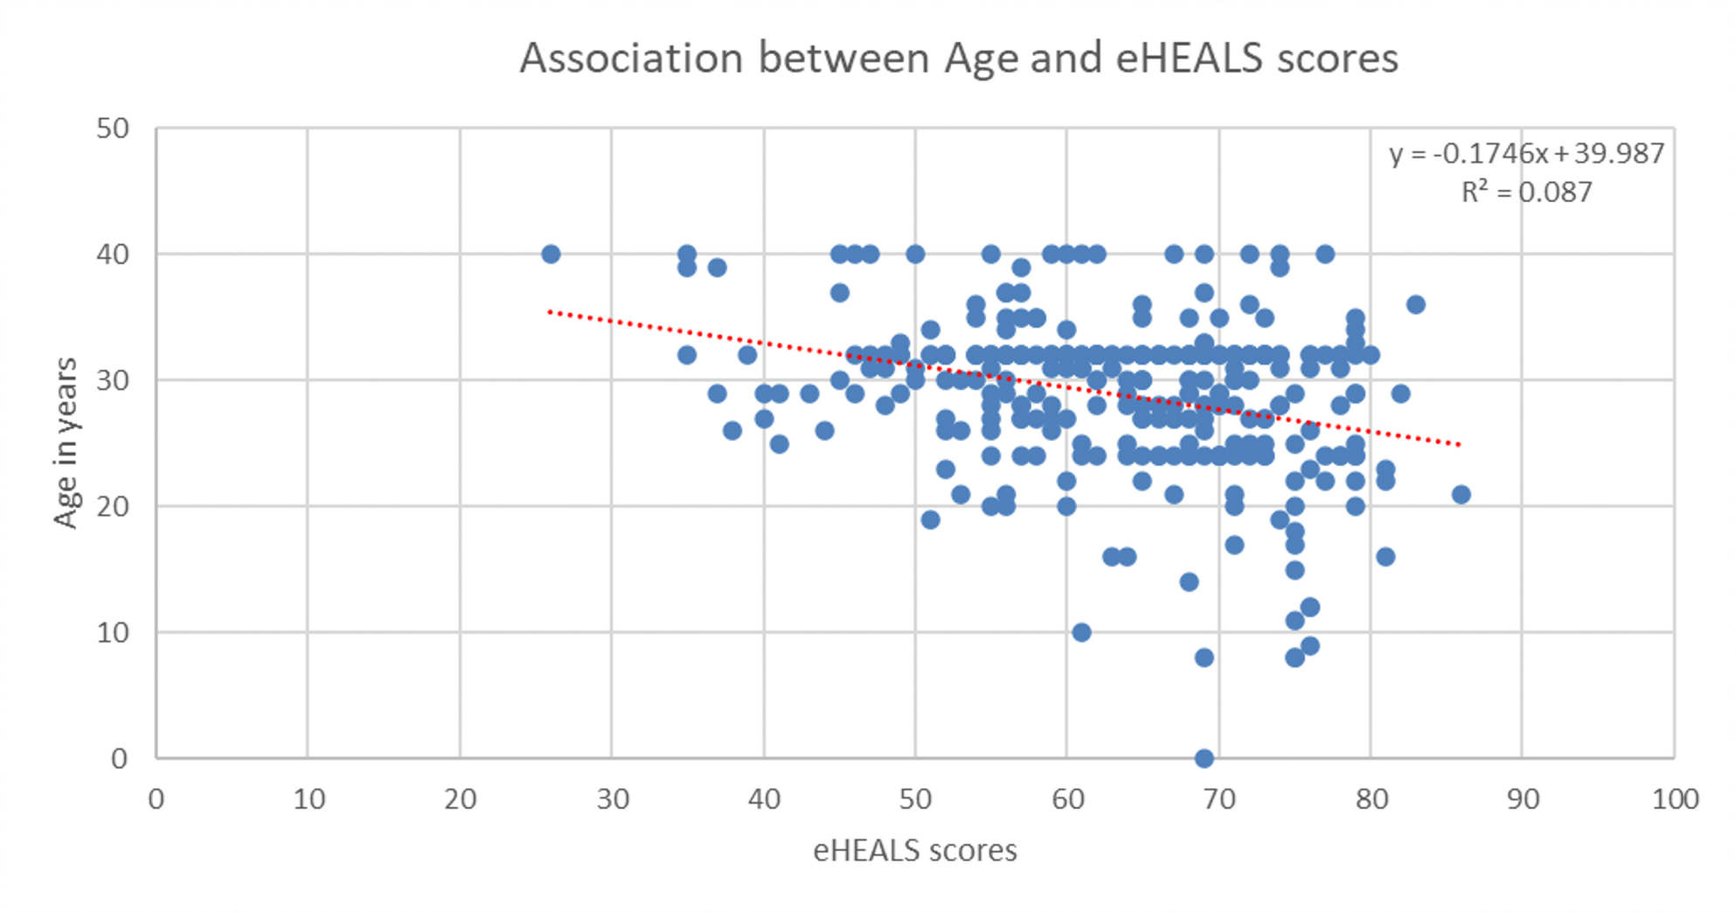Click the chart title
(959, 59)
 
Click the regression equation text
(1526, 154)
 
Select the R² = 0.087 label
(1526, 192)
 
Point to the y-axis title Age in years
(66, 443)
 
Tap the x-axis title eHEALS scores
(914, 850)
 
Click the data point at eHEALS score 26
(551, 254)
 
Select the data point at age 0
(1204, 758)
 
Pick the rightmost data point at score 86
(1461, 494)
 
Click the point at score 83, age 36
(1415, 304)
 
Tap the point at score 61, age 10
(1081, 632)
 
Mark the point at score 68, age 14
(1189, 582)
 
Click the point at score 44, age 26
(824, 430)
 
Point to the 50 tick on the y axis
(113, 129)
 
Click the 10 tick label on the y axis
(113, 632)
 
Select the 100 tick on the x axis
(1674, 799)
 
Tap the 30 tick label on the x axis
(612, 799)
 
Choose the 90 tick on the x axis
(1522, 799)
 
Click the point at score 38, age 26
(732, 430)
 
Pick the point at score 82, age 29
(1400, 393)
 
